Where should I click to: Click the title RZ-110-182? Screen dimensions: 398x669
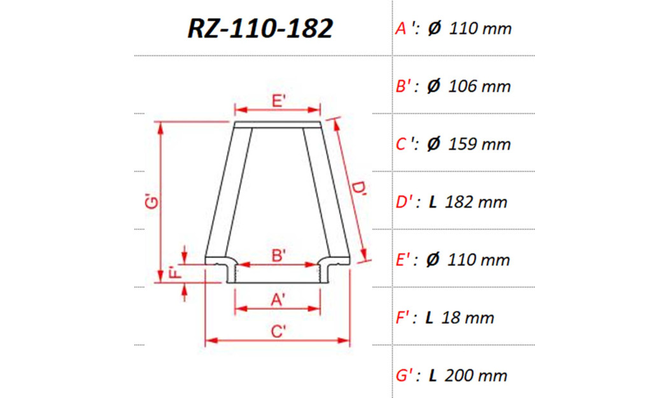click(260, 29)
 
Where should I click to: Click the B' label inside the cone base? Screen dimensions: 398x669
click(278, 255)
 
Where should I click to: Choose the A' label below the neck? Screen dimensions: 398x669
click(278, 300)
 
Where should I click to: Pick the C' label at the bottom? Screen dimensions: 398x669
click(278, 332)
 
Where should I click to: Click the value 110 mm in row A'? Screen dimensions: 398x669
click(480, 29)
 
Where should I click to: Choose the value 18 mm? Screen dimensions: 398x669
click(469, 318)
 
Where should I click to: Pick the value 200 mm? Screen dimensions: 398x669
click(476, 376)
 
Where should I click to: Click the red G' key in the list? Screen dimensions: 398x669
click(405, 376)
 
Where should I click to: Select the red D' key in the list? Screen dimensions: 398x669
click(405, 203)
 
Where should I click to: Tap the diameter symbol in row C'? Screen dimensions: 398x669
click(433, 145)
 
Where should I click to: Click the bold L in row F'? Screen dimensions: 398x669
click(430, 318)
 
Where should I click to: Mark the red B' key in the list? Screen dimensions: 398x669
click(405, 87)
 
